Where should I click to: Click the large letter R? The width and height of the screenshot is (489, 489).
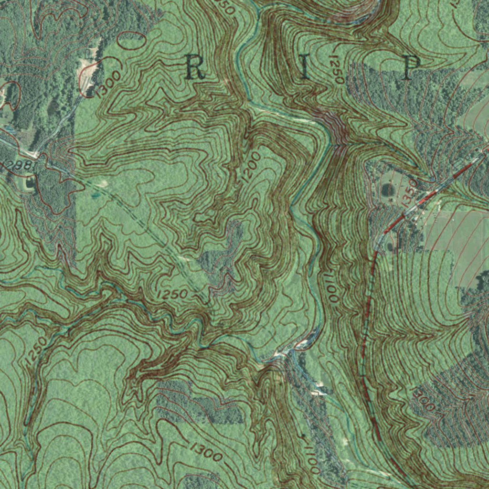click(194, 67)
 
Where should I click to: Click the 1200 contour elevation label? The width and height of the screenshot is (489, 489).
click(251, 166)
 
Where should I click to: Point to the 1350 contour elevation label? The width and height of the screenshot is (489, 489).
click(410, 192)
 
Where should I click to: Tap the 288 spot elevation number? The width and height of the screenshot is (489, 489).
click(19, 165)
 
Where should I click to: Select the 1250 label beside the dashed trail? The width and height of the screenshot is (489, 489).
click(172, 295)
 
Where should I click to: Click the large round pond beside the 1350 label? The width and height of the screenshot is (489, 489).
click(387, 190)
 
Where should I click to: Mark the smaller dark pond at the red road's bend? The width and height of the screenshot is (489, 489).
click(390, 247)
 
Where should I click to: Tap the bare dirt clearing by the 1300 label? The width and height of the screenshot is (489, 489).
click(88, 72)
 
